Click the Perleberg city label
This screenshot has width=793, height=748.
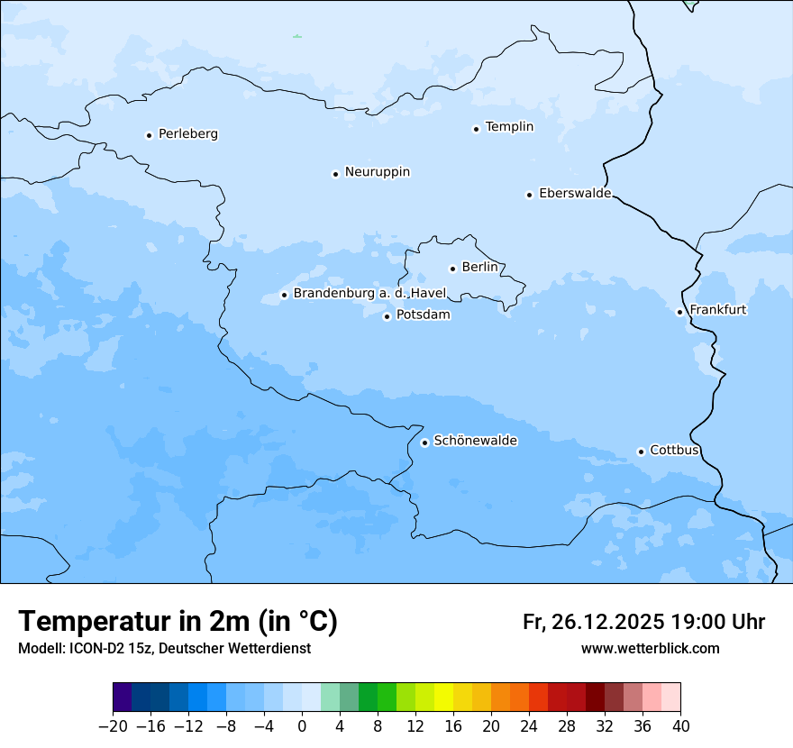[187, 134]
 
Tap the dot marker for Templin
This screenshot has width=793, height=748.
[476, 129]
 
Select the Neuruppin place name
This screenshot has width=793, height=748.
[377, 172]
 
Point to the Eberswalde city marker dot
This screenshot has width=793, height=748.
[530, 195]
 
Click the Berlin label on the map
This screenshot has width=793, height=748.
[479, 268]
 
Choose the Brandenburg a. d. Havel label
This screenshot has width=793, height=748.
[369, 294]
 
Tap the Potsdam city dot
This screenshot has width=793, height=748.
[387, 316]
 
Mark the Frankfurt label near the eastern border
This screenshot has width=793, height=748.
[717, 310]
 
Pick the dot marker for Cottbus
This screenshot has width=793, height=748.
[641, 452]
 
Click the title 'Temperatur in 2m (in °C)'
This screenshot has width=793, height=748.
[178, 621]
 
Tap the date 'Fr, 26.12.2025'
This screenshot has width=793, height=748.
[594, 622]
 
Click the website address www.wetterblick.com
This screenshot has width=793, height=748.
[650, 648]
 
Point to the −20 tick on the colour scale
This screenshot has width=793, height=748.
[114, 726]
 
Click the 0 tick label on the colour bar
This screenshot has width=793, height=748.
[302, 726]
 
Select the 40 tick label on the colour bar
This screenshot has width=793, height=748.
[680, 726]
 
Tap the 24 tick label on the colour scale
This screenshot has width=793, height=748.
[529, 726]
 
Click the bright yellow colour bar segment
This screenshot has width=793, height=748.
[443, 698]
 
